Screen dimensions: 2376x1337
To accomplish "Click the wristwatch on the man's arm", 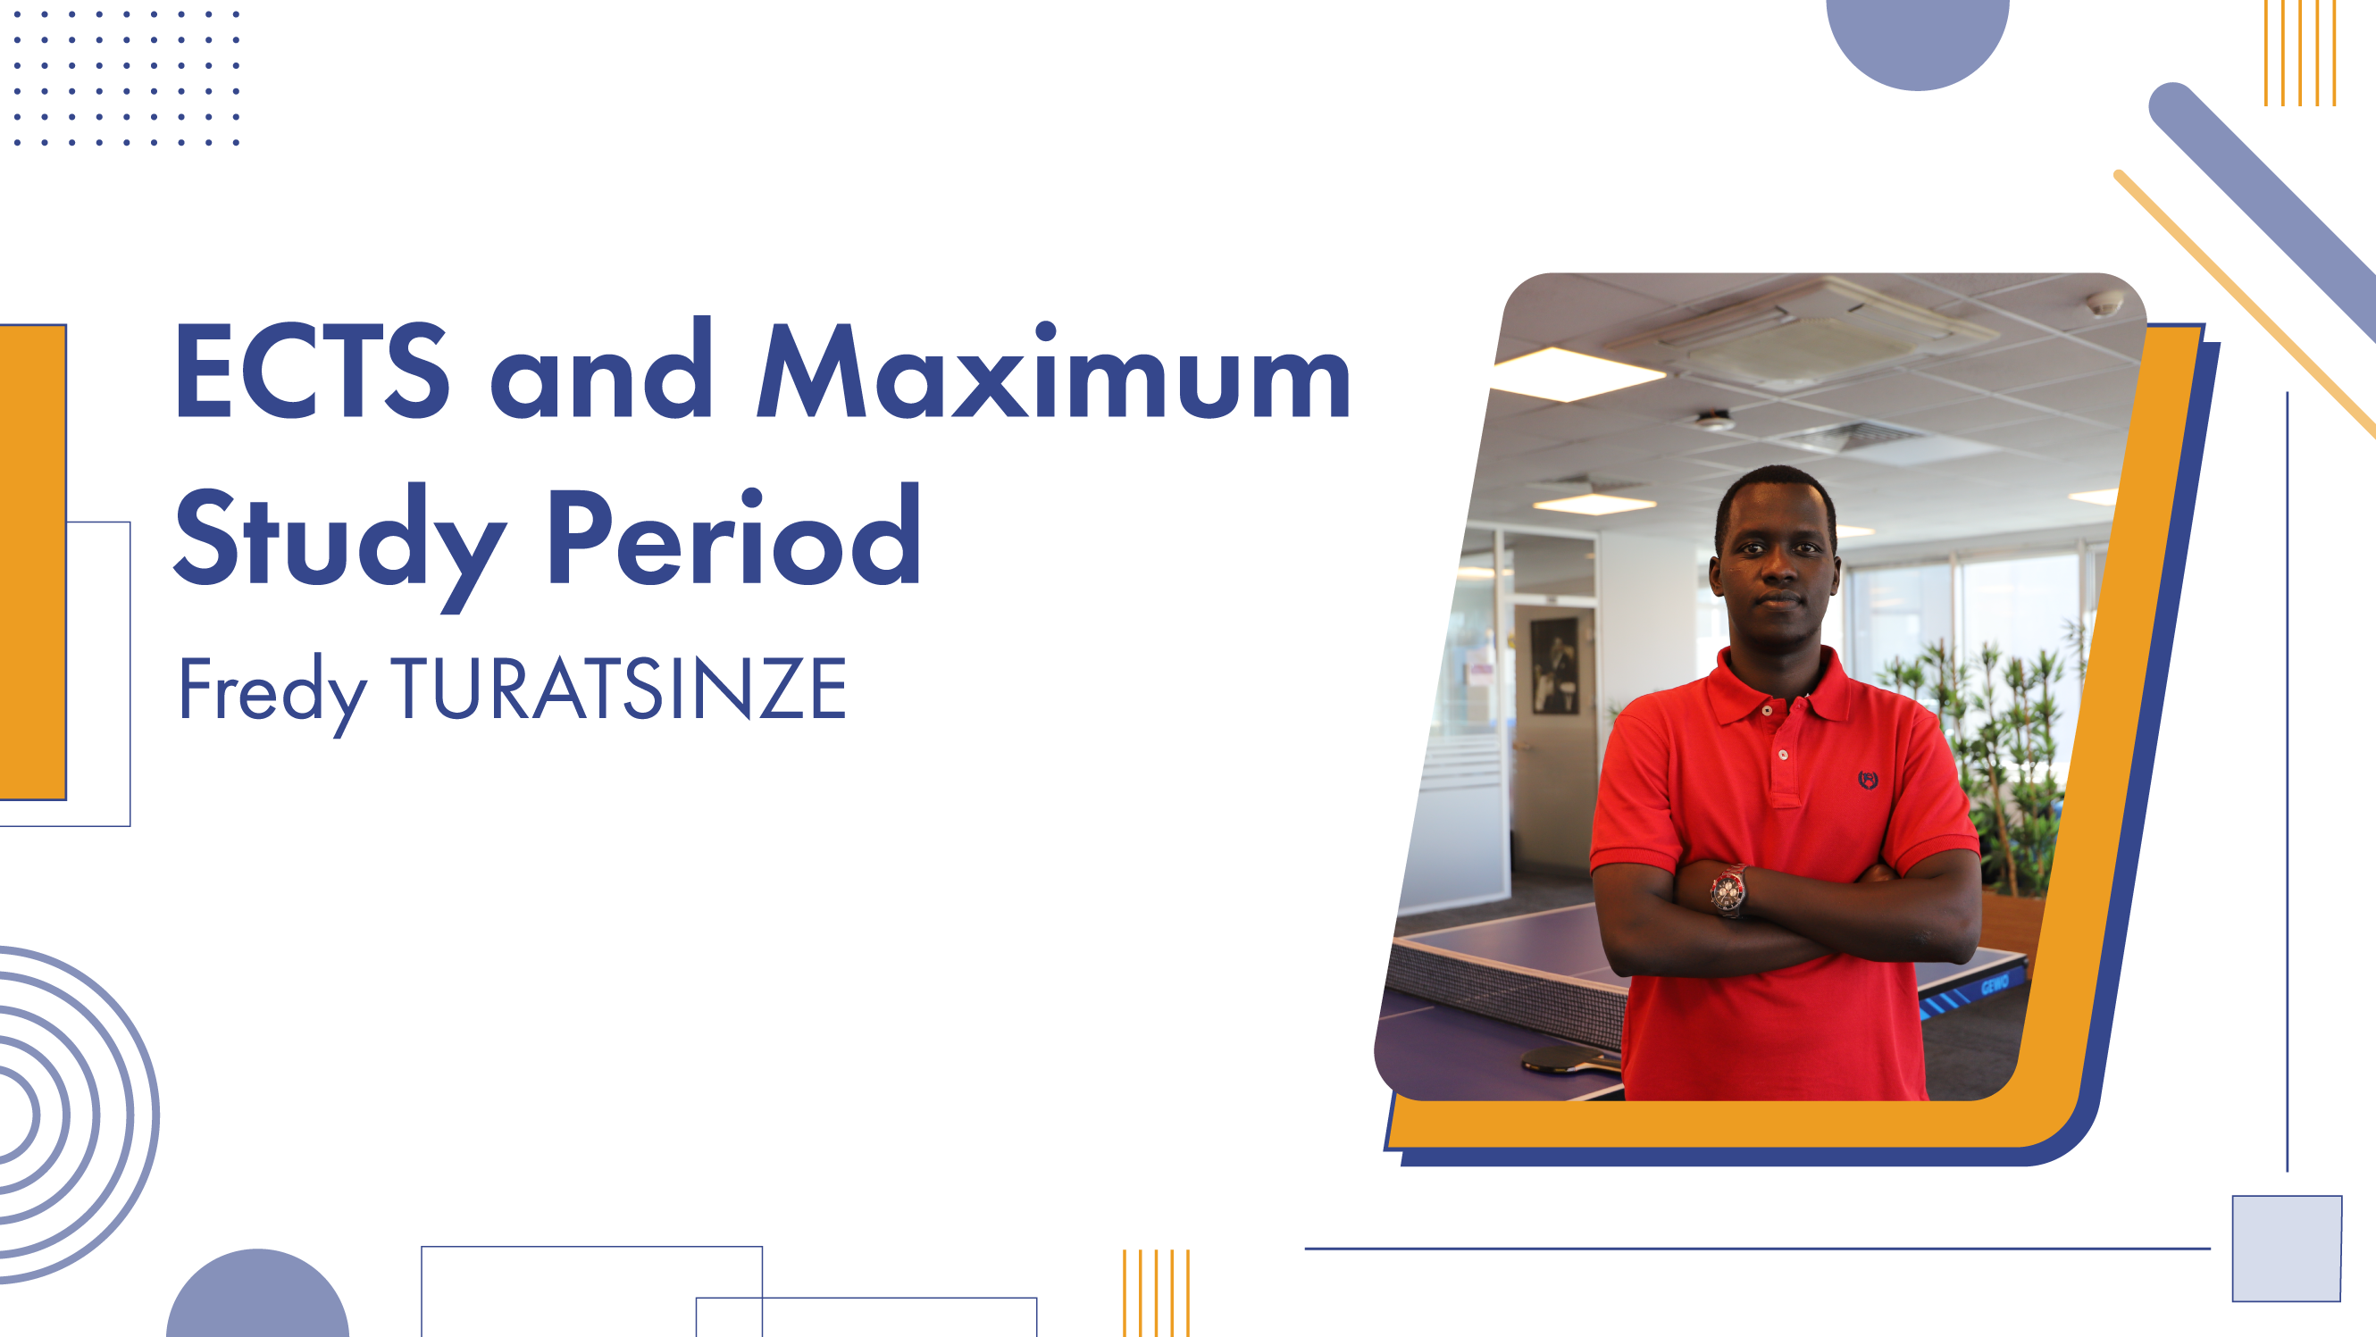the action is tap(1728, 890).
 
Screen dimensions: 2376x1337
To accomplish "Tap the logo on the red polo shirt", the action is tap(1868, 780).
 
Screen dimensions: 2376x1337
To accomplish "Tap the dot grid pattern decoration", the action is tap(126, 79).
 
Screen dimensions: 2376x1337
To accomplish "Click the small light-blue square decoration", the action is tap(2287, 1249).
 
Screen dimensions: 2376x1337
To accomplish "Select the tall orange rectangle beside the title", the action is tap(33, 562).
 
